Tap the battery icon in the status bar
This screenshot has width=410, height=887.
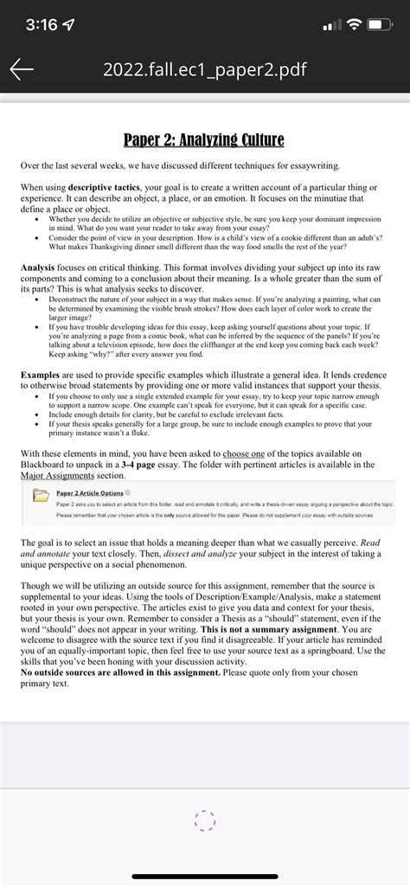[381, 24]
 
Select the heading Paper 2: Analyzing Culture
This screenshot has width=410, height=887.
[204, 138]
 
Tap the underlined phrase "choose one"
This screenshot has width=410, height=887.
[249, 453]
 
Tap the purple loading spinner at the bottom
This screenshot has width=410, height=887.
[205, 820]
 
